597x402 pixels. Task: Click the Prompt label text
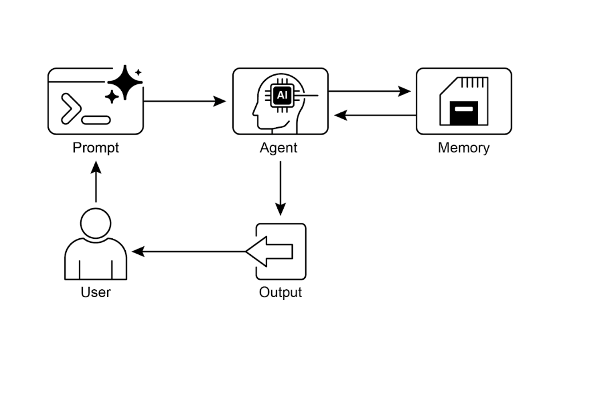95,148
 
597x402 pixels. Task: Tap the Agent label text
278,148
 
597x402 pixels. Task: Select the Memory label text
464,148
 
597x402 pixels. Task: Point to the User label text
95,292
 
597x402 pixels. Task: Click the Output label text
280,292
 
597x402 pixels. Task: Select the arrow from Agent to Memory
369,91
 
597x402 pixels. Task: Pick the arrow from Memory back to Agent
375,115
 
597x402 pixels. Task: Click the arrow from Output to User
189,251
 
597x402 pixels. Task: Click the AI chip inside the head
281,96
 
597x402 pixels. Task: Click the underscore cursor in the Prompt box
97,120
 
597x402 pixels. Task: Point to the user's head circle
95,223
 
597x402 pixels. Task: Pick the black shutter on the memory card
463,112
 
